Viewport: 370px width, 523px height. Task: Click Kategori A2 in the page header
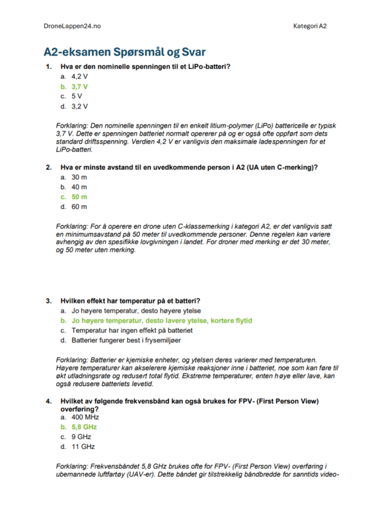click(310, 27)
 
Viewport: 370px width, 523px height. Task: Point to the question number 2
click(48, 167)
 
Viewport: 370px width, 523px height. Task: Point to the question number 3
click(48, 301)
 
